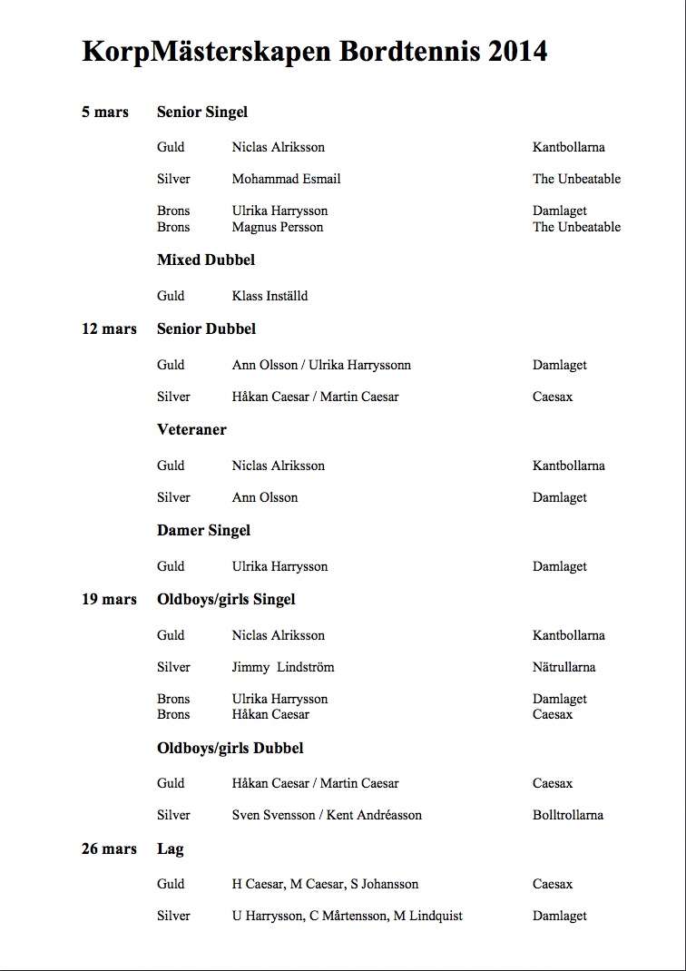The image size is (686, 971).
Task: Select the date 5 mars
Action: point(105,113)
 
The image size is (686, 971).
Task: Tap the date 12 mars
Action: point(109,329)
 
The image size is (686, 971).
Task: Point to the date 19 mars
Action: point(109,599)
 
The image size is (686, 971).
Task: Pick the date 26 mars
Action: point(109,848)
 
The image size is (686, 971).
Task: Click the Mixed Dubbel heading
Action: point(206,260)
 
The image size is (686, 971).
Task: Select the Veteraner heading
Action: point(191,429)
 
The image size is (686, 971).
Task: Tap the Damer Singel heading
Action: point(203,530)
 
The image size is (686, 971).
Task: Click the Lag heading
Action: point(171,848)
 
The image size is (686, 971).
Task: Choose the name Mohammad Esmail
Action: point(286,179)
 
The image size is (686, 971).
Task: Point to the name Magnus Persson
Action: point(278,227)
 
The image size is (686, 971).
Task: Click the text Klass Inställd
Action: point(269,296)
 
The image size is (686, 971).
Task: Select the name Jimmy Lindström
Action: point(283,667)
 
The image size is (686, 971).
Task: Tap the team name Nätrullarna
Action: point(563,667)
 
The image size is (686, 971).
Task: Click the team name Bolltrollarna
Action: point(567,815)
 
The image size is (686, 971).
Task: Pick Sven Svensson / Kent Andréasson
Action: point(327,815)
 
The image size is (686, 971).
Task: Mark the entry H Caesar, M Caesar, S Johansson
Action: point(325,884)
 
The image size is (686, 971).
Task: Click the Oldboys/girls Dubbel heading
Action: point(230,748)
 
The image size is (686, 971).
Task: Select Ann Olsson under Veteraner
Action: point(265,497)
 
